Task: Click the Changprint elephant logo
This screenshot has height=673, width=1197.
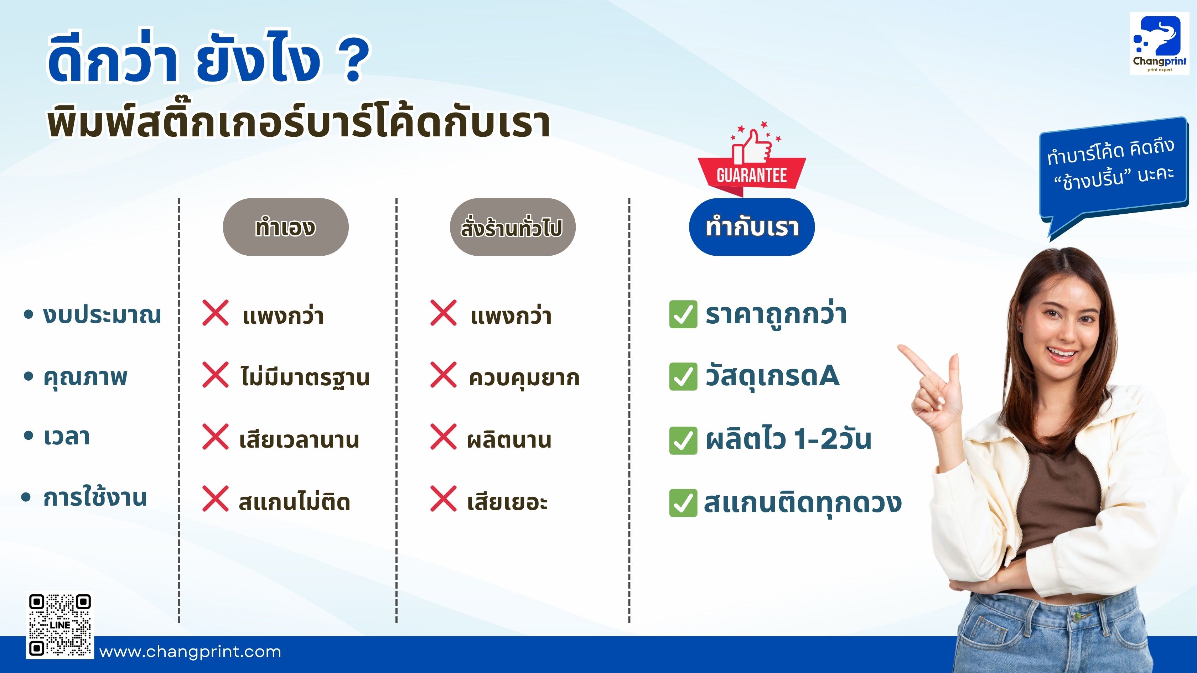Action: tap(1159, 43)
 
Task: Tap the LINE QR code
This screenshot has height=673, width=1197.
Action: tap(60, 625)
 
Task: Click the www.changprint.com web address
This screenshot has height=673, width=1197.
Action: tap(190, 652)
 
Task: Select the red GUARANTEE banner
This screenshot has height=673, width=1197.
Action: tap(751, 176)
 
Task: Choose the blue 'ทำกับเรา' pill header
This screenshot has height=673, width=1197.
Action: tap(751, 227)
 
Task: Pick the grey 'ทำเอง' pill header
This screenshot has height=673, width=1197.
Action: tap(285, 227)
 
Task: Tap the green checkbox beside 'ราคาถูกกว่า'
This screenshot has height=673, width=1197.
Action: tap(683, 314)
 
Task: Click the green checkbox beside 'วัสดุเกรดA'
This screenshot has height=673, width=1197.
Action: tap(683, 376)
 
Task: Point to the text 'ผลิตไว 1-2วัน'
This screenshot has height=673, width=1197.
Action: tap(788, 439)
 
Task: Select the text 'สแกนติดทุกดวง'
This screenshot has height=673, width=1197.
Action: tap(803, 502)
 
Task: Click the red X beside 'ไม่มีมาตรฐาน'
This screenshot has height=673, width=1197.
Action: tap(216, 375)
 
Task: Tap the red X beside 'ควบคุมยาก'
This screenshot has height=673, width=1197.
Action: tap(443, 375)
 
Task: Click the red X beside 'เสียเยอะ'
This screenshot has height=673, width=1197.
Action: tap(443, 499)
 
